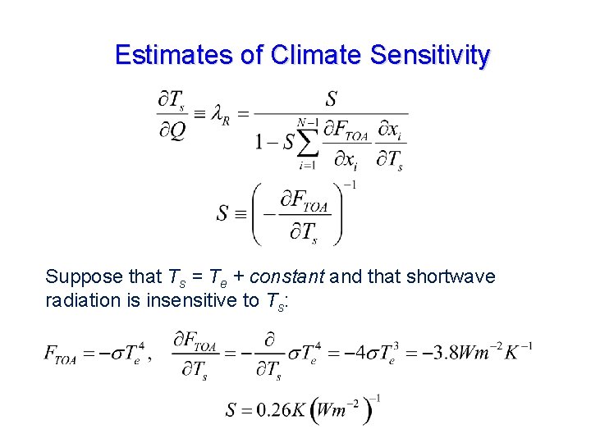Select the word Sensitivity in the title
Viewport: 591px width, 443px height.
click(430, 55)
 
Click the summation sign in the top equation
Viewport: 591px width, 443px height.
click(308, 142)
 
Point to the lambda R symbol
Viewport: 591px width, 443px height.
click(220, 116)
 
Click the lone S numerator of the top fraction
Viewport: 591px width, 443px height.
click(331, 100)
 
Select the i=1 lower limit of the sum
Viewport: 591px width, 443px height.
click(308, 165)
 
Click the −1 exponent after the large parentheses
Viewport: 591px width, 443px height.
click(349, 185)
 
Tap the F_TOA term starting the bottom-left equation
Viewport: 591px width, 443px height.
click(60, 356)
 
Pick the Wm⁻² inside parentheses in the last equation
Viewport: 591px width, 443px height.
click(341, 409)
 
